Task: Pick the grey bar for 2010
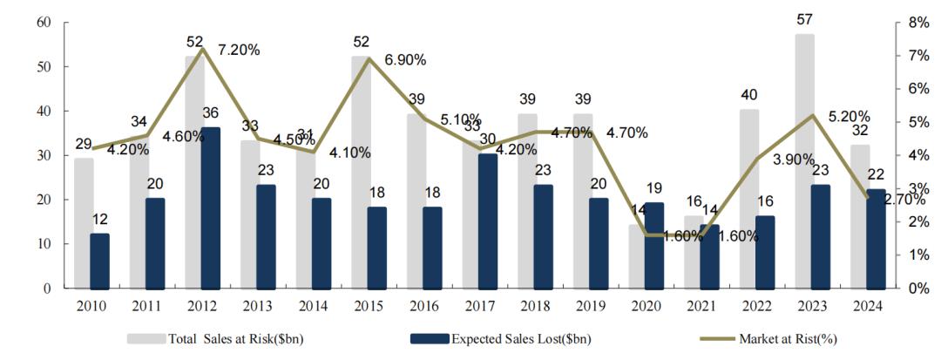point(83,222)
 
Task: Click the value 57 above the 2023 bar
point(805,19)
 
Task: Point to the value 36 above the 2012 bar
point(210,112)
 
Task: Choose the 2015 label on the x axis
point(370,306)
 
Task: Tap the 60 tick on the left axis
point(44,22)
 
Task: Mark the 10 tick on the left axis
point(44,244)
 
